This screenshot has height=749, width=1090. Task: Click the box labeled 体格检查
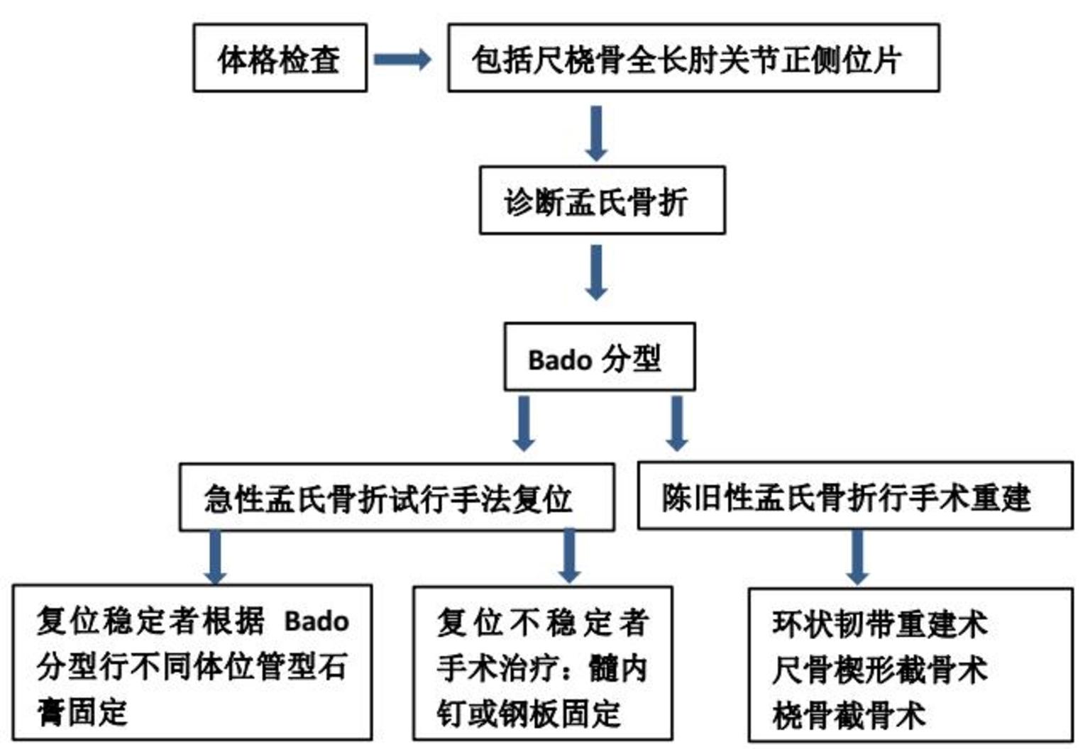point(280,58)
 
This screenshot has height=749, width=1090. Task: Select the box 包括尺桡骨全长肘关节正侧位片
point(693,58)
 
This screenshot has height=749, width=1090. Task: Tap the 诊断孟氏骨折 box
point(602,201)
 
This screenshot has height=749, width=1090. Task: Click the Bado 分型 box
point(599,357)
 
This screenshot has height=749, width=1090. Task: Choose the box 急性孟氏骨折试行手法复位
point(396,497)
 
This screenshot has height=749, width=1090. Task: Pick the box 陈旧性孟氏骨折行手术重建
point(854,496)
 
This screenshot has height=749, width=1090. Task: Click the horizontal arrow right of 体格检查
point(402,59)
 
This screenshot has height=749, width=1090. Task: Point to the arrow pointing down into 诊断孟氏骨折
point(596,133)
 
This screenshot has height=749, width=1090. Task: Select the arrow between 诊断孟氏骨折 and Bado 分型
point(596,272)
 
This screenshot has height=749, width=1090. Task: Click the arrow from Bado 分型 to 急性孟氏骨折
point(524,423)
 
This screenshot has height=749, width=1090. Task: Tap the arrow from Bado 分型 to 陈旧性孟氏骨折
point(677,423)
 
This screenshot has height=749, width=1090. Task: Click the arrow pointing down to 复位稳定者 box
point(215,557)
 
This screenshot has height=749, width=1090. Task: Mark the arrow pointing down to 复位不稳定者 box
point(569,555)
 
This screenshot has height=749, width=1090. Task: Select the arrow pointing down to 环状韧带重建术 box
point(857,557)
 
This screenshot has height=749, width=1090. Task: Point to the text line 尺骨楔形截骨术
point(879,670)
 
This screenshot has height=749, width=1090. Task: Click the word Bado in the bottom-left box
point(316,621)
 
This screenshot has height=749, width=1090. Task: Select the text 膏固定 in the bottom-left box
point(82,712)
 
